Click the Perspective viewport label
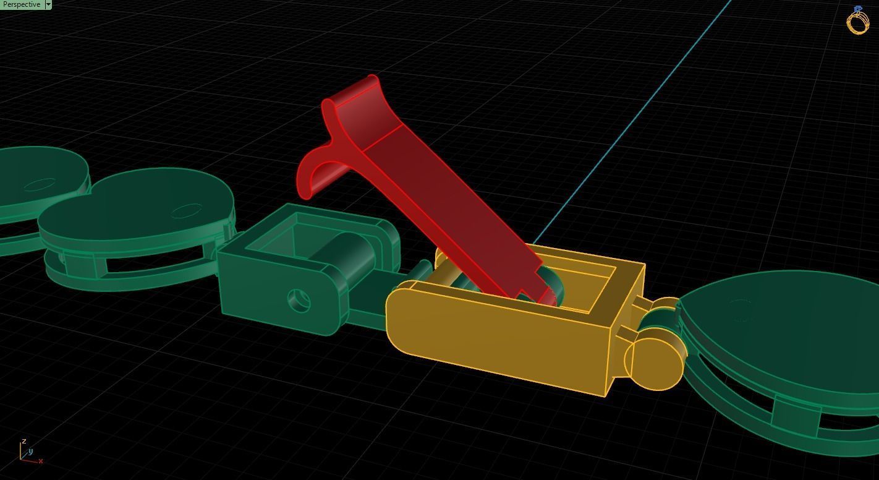pyautogui.click(x=21, y=4)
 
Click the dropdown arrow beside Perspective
pyautogui.click(x=48, y=4)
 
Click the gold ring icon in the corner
pyautogui.click(x=858, y=21)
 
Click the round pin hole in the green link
pyautogui.click(x=300, y=301)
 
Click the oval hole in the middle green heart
pyautogui.click(x=186, y=212)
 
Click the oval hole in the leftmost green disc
pyautogui.click(x=42, y=184)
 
